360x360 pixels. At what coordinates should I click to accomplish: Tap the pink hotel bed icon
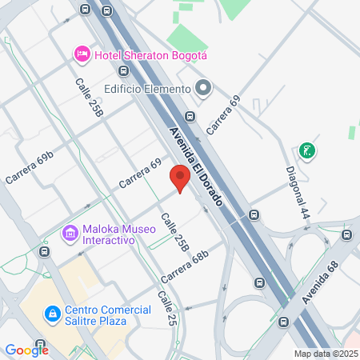point(81,54)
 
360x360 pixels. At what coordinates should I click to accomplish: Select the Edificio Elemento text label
point(146,89)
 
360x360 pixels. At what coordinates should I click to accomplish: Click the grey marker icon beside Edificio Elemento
point(203,88)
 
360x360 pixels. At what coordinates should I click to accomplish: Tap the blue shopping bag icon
point(53,314)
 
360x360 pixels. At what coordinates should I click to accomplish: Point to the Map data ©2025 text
point(326,353)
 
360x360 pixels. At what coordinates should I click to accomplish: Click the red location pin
point(180,178)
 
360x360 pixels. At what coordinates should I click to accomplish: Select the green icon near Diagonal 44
point(306,150)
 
